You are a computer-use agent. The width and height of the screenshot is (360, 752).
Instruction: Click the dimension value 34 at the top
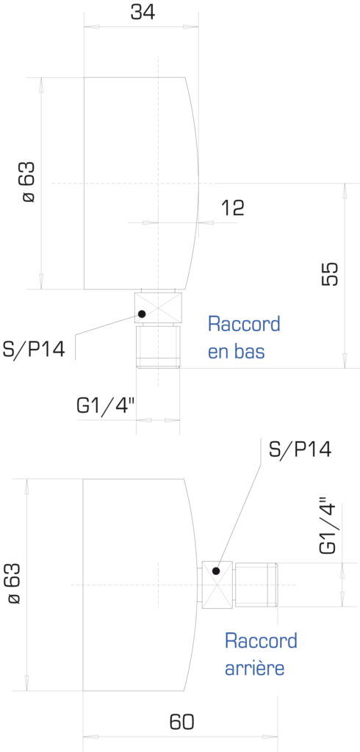pos(143,12)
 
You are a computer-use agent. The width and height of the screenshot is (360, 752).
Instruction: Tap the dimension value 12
pos(233,208)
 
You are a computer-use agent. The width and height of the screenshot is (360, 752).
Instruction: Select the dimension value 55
pos(330,275)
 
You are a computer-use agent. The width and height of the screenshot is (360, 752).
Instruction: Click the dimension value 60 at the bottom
pos(182,721)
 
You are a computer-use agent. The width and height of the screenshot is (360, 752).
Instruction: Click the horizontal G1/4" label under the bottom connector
pos(106,406)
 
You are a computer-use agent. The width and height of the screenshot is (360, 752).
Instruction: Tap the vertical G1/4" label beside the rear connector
pos(330,529)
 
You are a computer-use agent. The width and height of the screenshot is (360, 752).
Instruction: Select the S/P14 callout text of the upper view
pos(33,349)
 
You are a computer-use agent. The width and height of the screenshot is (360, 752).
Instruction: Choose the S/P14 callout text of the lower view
pos(300,449)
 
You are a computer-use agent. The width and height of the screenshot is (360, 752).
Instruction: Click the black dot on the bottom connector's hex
pos(142,314)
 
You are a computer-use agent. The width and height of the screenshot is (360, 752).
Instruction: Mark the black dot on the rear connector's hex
pos(215,571)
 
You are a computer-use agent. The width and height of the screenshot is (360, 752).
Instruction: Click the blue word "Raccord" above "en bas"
pos(244,325)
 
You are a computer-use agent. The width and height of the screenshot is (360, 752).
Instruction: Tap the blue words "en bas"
pos(236,352)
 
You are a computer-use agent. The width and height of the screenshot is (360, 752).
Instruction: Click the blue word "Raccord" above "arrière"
pos(261,640)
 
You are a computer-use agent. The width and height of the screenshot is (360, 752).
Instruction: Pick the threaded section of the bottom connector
pos(158,347)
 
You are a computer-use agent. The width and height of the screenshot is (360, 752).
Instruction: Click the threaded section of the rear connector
pos(256,585)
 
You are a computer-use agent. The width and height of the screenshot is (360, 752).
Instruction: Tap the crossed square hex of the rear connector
pos(217,585)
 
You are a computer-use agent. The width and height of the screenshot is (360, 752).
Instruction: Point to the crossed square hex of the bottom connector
pos(158,308)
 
